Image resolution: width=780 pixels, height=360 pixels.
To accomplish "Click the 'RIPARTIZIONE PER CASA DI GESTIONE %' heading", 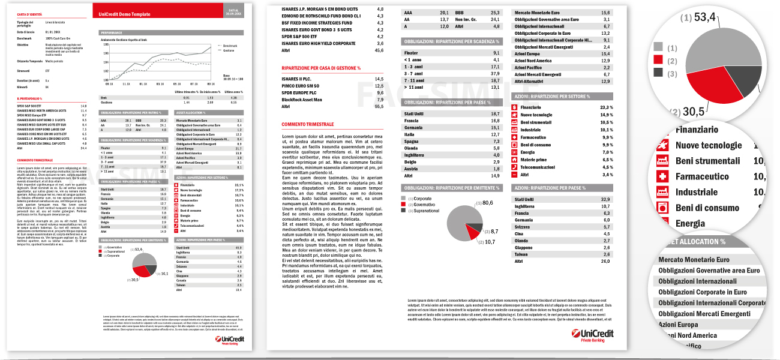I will click(321, 68).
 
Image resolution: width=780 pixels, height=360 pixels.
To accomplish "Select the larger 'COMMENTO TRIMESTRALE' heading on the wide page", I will click(307, 124).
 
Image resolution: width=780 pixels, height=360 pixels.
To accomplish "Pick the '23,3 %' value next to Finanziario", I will click(606, 107).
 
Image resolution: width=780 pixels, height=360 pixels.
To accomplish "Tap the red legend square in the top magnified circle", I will click(658, 59).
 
